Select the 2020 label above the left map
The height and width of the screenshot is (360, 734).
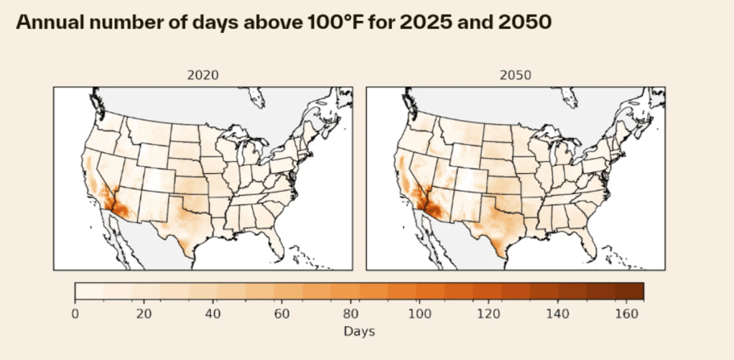[203, 75]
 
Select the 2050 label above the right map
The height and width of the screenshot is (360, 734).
[515, 75]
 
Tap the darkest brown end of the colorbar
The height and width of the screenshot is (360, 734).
[636, 291]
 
